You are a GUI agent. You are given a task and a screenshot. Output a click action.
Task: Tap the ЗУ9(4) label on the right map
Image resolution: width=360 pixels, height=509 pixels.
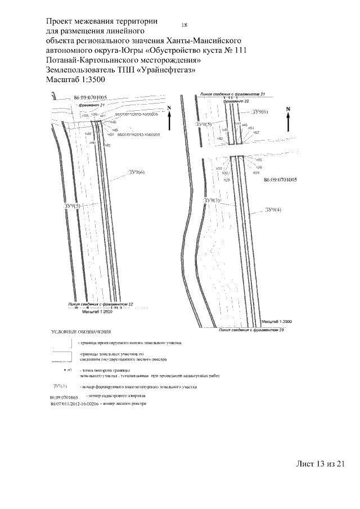(x=273, y=210)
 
